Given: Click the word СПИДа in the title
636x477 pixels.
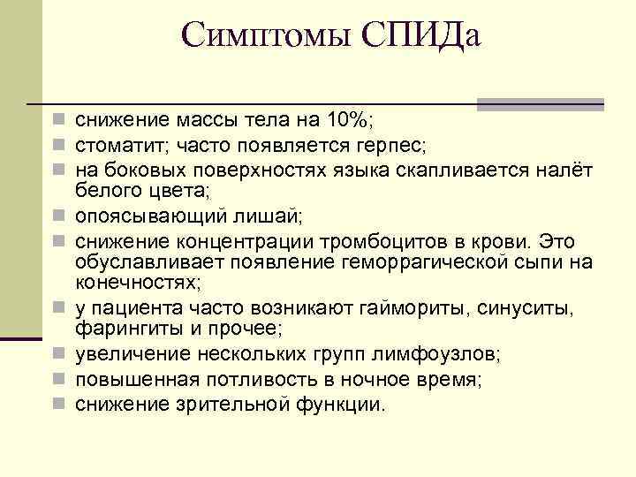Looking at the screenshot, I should click(420, 36).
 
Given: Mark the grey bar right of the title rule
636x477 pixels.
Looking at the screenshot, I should click(540, 104).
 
